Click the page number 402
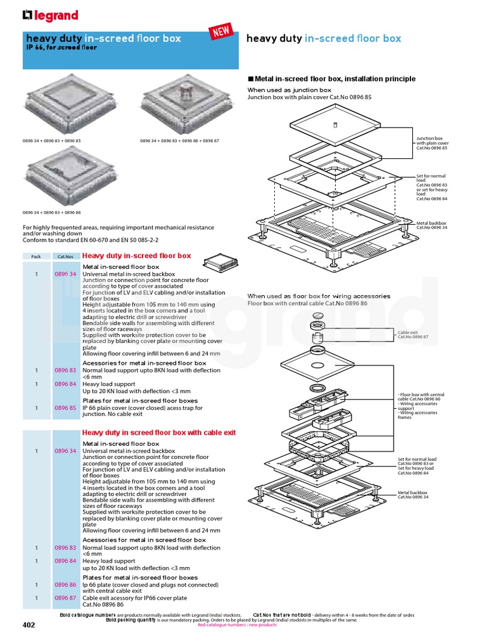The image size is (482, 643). click(x=29, y=625)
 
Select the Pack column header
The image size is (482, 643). click(x=36, y=256)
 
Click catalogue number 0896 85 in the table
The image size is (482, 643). click(x=65, y=408)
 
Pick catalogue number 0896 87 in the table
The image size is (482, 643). click(x=65, y=598)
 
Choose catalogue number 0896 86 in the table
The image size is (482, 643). click(x=65, y=584)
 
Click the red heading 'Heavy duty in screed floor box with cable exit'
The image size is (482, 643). click(x=159, y=433)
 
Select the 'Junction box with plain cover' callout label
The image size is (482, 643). click(x=432, y=143)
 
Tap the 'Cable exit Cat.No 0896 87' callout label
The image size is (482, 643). click(x=411, y=335)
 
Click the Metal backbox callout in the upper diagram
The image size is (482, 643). click(x=431, y=225)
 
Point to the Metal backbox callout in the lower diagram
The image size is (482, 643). click(x=413, y=495)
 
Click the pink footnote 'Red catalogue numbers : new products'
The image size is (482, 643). click(x=237, y=625)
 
